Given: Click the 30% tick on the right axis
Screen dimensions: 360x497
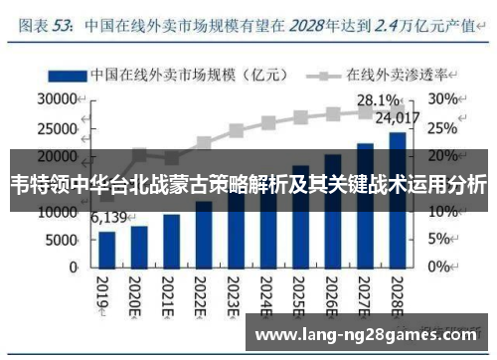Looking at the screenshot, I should (x=443, y=99).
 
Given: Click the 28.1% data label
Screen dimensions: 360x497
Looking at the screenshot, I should (x=379, y=99).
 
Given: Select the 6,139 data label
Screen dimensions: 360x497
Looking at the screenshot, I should (x=108, y=218).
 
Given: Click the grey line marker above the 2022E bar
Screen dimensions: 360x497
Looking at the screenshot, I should (x=204, y=142).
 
